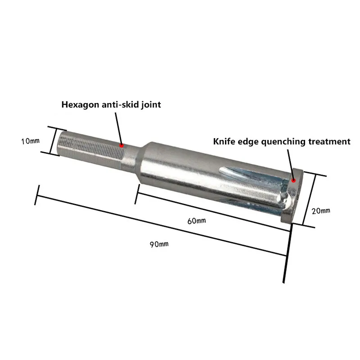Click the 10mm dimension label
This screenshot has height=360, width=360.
click(x=30, y=141)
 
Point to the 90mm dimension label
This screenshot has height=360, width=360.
click(x=159, y=244)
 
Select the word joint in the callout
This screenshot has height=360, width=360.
click(x=150, y=105)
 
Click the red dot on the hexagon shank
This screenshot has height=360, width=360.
click(x=121, y=145)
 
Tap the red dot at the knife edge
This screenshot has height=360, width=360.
click(x=294, y=180)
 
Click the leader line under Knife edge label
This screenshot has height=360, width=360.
click(x=290, y=164)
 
